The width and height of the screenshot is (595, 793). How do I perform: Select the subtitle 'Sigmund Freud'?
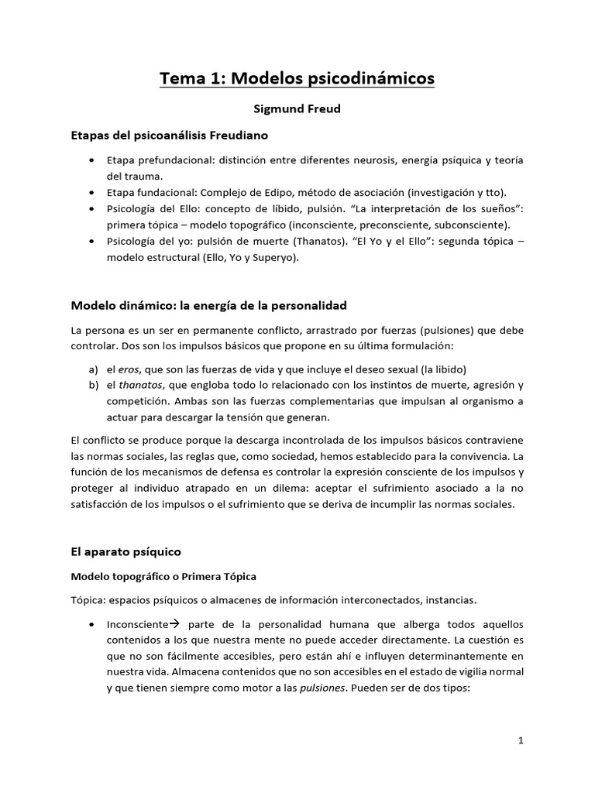tap(297, 109)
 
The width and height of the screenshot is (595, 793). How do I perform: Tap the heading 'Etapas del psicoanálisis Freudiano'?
tap(170, 136)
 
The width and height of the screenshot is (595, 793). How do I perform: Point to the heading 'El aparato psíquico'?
tap(126, 551)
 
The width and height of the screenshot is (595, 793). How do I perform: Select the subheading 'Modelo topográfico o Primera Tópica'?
tap(163, 576)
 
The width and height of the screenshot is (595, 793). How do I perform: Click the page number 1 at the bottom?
tap(521, 740)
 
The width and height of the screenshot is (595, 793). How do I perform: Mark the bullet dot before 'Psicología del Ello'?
tap(92, 208)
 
